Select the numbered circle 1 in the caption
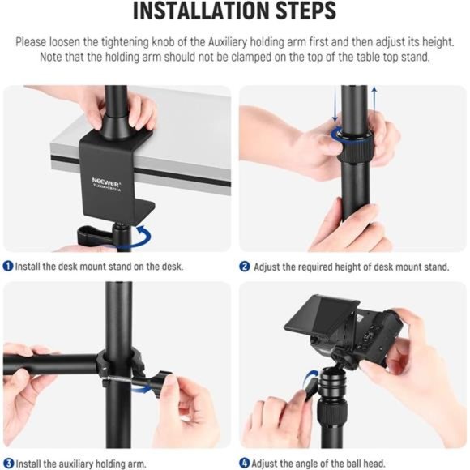point(7,266)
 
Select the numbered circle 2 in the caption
point(244,266)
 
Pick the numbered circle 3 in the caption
point(7,464)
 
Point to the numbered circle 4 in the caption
point(244,464)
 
